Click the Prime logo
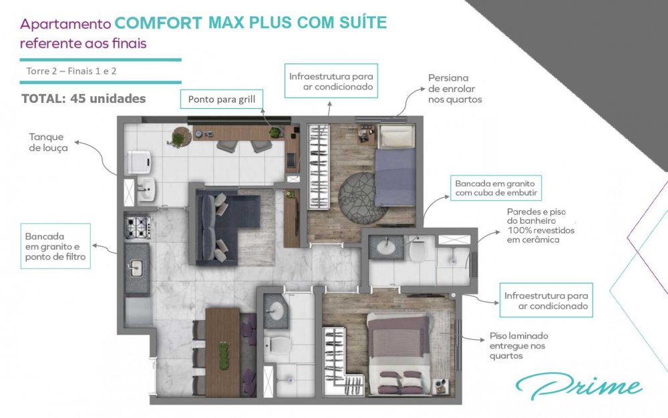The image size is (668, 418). click(578, 386)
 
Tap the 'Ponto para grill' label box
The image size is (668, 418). click(222, 99)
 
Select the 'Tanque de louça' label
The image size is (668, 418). click(48, 142)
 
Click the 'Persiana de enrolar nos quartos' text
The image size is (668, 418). click(454, 89)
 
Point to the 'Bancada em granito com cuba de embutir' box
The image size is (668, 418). click(496, 188)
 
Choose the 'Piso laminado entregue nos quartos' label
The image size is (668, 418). click(518, 346)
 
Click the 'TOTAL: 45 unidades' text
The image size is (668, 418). click(83, 99)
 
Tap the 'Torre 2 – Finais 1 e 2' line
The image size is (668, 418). click(71, 71)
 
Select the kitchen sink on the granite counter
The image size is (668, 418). click(136, 268)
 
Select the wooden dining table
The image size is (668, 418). click(222, 352)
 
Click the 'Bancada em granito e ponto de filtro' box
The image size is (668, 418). click(55, 246)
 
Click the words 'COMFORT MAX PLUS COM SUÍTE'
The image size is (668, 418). click(251, 23)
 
